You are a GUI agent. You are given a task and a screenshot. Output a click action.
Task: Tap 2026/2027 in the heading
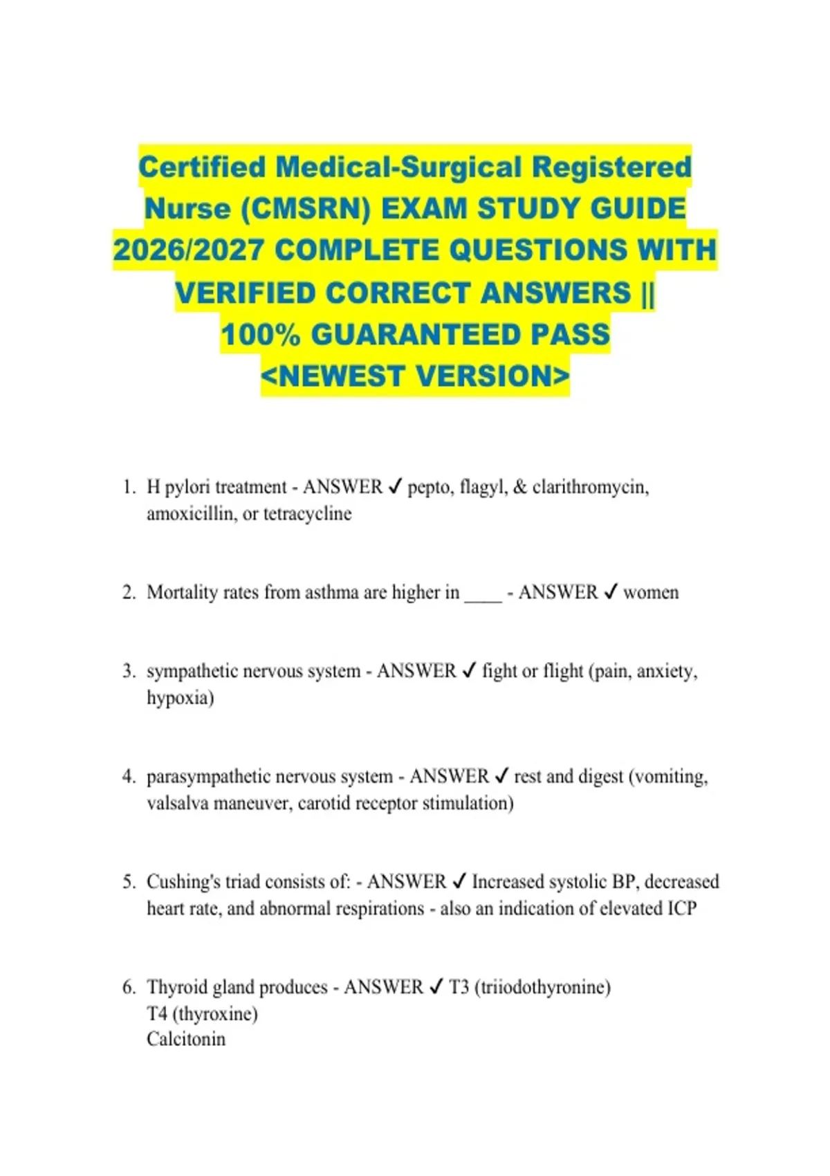188,250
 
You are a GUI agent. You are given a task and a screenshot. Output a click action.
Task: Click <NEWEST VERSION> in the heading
415,377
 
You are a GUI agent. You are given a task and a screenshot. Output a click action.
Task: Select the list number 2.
129,593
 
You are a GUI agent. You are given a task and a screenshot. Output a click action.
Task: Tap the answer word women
651,593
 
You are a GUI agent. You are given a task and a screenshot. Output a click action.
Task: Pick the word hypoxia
178,698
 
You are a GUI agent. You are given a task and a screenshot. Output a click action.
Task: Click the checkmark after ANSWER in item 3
469,671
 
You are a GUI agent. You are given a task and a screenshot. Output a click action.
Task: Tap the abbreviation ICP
681,908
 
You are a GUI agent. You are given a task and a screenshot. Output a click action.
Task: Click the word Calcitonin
186,1039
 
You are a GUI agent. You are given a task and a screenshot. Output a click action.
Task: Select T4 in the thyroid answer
156,1014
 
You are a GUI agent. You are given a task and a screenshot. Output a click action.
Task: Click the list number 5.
129,882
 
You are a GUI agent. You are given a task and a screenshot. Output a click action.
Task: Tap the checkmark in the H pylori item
395,488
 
